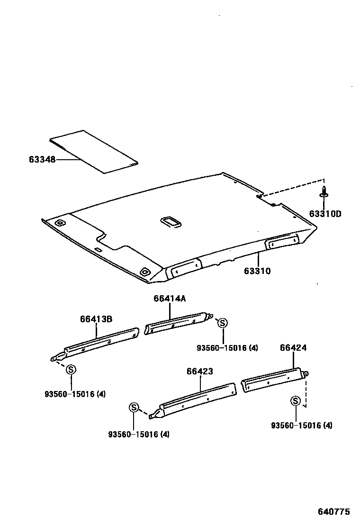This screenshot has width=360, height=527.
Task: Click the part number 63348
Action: [x=42, y=160]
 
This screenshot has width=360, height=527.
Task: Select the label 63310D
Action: [x=325, y=214]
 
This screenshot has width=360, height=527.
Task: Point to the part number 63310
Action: [x=257, y=271]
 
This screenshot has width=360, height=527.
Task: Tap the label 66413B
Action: [x=96, y=319]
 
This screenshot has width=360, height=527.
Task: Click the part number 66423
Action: [x=199, y=372]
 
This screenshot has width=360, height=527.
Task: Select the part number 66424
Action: [x=293, y=348]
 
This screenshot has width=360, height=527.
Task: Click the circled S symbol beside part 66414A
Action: [x=222, y=323]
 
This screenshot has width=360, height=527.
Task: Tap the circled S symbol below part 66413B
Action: [x=71, y=370]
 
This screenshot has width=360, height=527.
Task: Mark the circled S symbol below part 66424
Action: [x=295, y=401]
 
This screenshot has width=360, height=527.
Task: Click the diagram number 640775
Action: [x=333, y=512]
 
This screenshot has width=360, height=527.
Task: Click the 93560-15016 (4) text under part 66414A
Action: [x=227, y=348]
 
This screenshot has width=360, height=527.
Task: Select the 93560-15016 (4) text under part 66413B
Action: [x=75, y=394]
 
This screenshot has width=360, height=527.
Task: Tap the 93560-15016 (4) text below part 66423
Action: [x=138, y=434]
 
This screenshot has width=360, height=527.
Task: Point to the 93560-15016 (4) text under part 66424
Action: [x=301, y=426]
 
